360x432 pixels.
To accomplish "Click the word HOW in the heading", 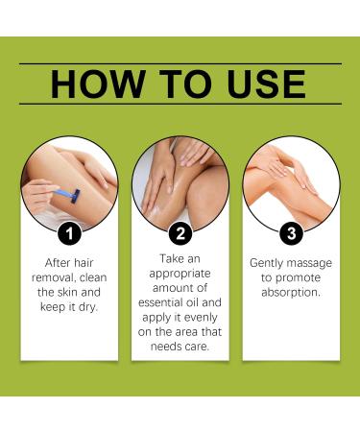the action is coord(98,84).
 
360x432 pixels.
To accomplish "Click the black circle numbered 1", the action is coord(69,233).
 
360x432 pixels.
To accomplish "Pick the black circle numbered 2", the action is coord(180,233).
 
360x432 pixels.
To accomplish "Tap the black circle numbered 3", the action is coord(292,233).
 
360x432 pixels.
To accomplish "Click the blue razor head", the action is coord(76,196).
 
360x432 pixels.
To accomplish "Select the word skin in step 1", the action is coord(67,292).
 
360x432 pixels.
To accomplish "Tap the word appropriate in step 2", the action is coord(180,274).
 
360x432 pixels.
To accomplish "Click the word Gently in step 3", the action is coord(267,263).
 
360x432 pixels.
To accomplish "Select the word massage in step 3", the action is coord(310,263).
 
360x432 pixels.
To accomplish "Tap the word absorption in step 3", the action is coord(291,292).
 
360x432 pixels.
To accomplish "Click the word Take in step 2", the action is coord(171,259).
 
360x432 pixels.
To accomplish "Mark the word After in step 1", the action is coord(57,263).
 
